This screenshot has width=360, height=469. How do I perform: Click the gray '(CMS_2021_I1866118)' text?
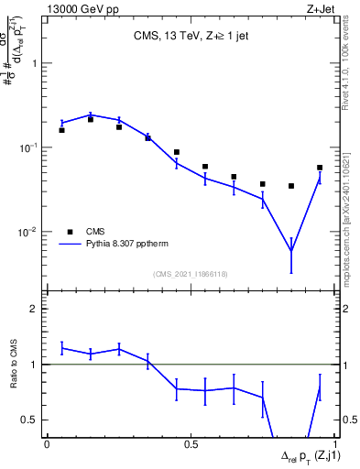coord(190,274)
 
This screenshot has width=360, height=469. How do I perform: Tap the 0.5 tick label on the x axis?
coord(191,444)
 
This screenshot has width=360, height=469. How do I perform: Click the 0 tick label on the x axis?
coord(47,444)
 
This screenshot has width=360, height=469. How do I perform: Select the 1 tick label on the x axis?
coord(334,444)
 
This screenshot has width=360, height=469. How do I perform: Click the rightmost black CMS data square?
coord(320,168)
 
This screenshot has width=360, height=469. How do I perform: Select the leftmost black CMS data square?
coord(61,130)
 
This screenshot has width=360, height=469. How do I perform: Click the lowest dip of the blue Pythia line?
coord(291,251)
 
